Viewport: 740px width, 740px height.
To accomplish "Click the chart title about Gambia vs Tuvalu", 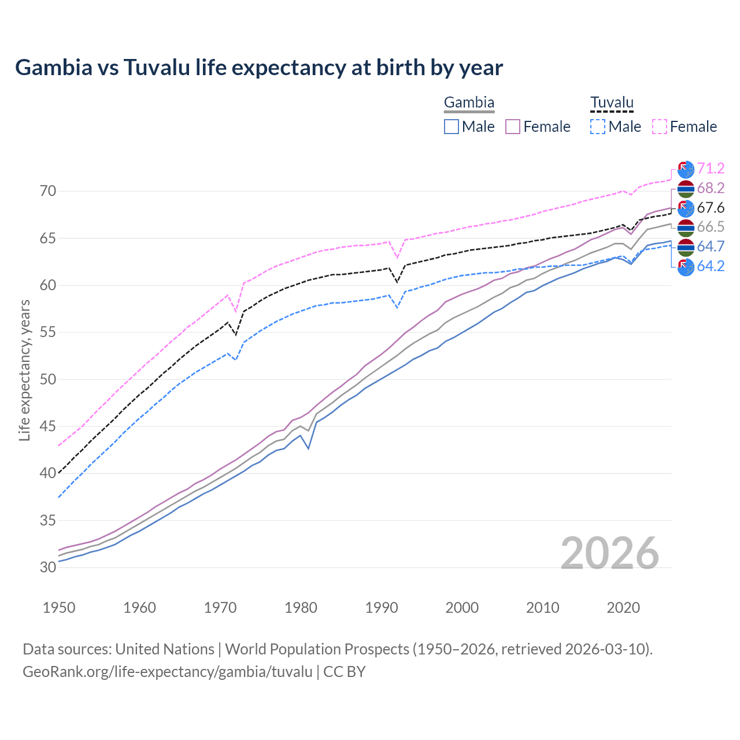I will (259, 68).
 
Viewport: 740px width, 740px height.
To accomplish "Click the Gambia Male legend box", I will (452, 127).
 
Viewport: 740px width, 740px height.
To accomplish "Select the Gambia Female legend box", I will (513, 127).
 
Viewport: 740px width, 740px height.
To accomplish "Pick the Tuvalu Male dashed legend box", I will (598, 127).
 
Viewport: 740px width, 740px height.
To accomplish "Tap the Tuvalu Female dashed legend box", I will (660, 127).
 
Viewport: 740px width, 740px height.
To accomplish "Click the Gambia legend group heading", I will (469, 103).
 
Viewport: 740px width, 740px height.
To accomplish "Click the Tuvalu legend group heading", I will (612, 103).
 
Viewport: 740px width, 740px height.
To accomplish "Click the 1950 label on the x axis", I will (59, 608).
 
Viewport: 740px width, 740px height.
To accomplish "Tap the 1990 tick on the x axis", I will (382, 608).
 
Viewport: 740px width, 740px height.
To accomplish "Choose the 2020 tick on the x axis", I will (623, 608).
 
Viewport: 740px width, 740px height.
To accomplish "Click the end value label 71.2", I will (711, 168).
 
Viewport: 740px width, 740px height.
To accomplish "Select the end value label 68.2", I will (711, 188).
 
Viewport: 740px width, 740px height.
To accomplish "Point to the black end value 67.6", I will (711, 208).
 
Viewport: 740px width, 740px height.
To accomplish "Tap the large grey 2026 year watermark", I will (610, 553).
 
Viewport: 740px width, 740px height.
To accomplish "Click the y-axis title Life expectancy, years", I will (24, 370).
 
